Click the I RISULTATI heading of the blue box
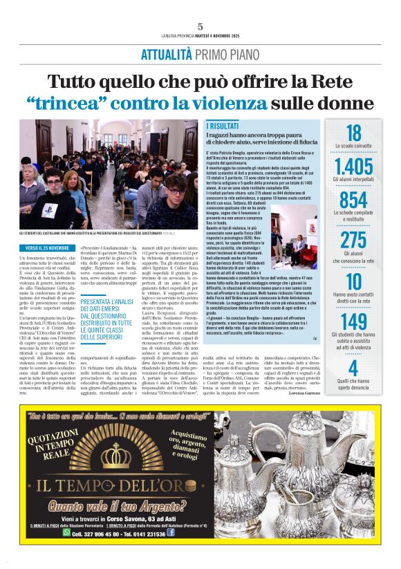coord(224,127)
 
